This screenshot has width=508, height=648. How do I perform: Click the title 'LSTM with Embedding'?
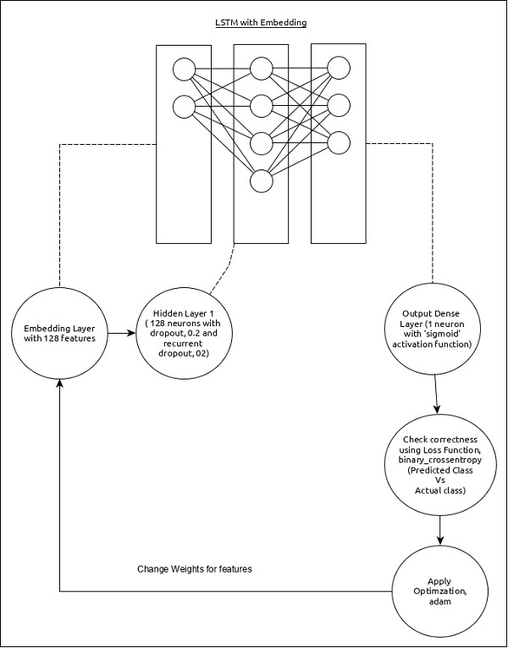pyautogui.click(x=260, y=22)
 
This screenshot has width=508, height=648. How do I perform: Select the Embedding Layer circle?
pyautogui.click(x=60, y=334)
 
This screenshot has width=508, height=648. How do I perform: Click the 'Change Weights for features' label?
pyautogui.click(x=195, y=568)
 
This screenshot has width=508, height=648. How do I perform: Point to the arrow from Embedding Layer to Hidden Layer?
pyautogui.click(x=122, y=334)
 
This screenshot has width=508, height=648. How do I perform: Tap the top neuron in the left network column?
pyautogui.click(x=183, y=69)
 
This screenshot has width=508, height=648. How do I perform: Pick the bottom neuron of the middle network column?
pyautogui.click(x=261, y=181)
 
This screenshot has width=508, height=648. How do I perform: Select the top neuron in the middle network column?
pyautogui.click(x=261, y=69)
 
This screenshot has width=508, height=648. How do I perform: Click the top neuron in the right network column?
pyautogui.click(x=339, y=69)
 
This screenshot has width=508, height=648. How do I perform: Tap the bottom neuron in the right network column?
pyautogui.click(x=339, y=142)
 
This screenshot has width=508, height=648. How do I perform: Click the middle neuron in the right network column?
pyautogui.click(x=339, y=105)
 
